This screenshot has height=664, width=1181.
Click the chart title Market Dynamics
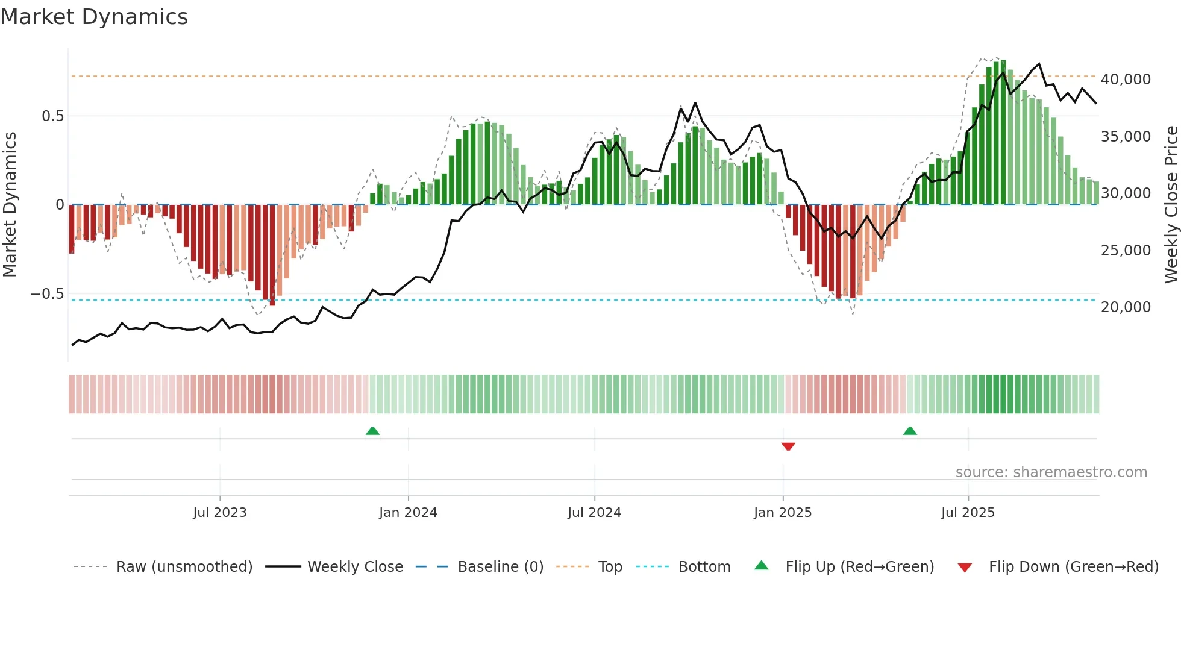pyautogui.click(x=95, y=17)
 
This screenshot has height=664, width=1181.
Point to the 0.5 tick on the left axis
pyautogui.click(x=52, y=116)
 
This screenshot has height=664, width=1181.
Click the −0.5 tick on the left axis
pyautogui.click(x=48, y=294)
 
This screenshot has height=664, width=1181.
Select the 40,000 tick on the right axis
pyautogui.click(x=1126, y=80)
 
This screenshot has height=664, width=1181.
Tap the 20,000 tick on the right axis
pyautogui.click(x=1126, y=307)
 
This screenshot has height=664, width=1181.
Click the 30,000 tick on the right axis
pyautogui.click(x=1126, y=193)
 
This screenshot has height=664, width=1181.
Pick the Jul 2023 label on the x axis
pyautogui.click(x=220, y=513)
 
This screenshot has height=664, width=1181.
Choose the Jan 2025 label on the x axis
pyautogui.click(x=783, y=513)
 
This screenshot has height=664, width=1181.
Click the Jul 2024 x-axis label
pyautogui.click(x=594, y=513)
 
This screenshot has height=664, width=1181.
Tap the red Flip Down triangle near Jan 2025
pyautogui.click(x=788, y=446)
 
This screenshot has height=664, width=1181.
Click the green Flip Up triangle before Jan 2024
pyautogui.click(x=372, y=431)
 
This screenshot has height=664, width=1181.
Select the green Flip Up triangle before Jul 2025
pyautogui.click(x=910, y=431)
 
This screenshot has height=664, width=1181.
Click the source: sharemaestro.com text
pyautogui.click(x=1051, y=472)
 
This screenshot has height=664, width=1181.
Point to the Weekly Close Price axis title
pyautogui.click(x=1171, y=204)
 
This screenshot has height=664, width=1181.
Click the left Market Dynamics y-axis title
pyautogui.click(x=10, y=204)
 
